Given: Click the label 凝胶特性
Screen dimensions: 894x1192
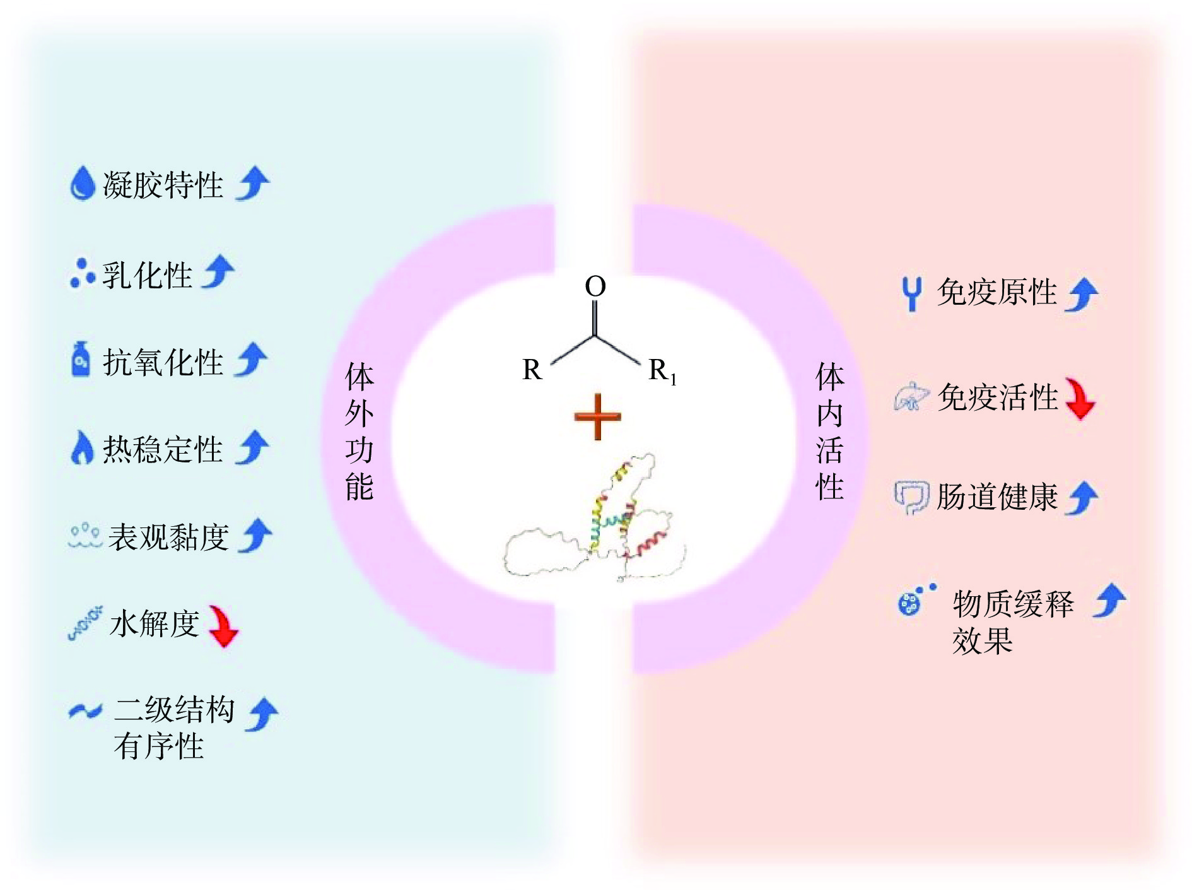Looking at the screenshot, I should (x=163, y=185).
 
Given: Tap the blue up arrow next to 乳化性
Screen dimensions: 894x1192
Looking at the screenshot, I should (x=218, y=272).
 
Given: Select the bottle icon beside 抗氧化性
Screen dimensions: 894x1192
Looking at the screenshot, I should (x=81, y=360).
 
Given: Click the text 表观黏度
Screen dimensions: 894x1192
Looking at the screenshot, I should (x=168, y=537).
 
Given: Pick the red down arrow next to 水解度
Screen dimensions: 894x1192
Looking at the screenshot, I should (x=223, y=626).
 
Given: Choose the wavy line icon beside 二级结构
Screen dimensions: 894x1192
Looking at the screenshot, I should (x=85, y=712).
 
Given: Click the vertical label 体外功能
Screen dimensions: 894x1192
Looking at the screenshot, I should (x=359, y=432).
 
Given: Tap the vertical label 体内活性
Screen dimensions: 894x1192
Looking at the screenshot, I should (x=829, y=432).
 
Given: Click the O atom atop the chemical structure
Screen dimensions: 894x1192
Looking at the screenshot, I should (x=595, y=286).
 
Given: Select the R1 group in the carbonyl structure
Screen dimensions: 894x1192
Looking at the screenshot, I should (x=662, y=370).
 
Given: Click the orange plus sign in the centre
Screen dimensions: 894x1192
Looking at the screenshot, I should (x=597, y=416).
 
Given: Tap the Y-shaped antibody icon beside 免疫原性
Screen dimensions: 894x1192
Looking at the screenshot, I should (x=911, y=294).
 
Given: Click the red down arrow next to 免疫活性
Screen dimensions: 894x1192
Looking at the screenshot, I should (x=1080, y=398).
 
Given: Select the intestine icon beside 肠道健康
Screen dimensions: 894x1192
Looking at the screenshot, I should (x=911, y=498).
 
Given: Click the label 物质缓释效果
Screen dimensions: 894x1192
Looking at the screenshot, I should (x=1012, y=621).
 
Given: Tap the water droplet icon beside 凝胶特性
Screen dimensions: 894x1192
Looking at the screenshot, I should (x=82, y=184).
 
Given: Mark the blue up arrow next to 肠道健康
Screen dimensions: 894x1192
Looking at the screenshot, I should (x=1082, y=498).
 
